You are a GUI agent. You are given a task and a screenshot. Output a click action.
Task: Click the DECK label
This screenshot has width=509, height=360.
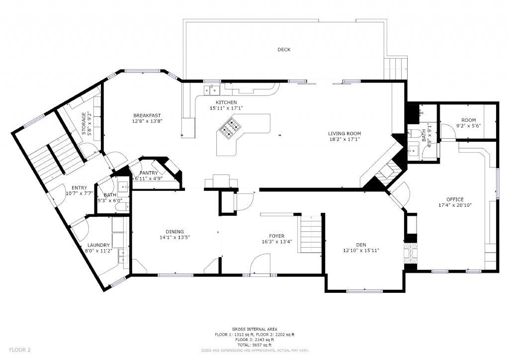[284, 50]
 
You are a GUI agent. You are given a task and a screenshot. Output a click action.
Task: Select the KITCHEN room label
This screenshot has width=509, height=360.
[226, 102]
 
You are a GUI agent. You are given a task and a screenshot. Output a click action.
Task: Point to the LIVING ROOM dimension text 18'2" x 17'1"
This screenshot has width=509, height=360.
[344, 139]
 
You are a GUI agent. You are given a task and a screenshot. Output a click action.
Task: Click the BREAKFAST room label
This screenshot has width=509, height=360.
[147, 115]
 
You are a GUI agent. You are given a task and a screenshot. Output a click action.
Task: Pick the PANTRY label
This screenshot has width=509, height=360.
[149, 173]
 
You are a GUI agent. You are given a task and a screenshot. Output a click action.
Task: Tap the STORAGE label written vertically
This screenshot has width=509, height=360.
[84, 123]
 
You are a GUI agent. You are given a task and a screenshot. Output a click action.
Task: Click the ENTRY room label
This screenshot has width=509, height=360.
[79, 187]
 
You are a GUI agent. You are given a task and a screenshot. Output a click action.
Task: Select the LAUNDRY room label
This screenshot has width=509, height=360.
[98, 245]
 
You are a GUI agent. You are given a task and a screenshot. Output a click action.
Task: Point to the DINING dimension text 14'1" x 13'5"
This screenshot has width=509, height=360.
[174, 237]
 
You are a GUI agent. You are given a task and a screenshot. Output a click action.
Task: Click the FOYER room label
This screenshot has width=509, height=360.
[276, 236]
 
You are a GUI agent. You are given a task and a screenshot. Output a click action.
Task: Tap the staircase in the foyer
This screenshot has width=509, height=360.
[310, 234]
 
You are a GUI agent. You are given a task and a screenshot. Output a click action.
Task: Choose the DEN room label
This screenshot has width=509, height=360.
[361, 245]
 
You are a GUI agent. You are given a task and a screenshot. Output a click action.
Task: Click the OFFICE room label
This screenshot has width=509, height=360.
[455, 199]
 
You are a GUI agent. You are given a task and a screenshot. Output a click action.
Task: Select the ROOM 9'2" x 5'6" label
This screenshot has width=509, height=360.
[468, 123]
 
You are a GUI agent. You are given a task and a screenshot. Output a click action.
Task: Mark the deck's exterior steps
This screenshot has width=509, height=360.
[395, 69]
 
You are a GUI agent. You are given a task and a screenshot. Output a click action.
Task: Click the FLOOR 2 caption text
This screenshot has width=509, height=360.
[20, 350]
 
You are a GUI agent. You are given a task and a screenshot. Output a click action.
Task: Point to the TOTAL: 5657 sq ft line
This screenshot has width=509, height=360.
[254, 345]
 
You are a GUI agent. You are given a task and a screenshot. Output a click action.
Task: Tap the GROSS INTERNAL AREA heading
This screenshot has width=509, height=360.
[254, 329]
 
